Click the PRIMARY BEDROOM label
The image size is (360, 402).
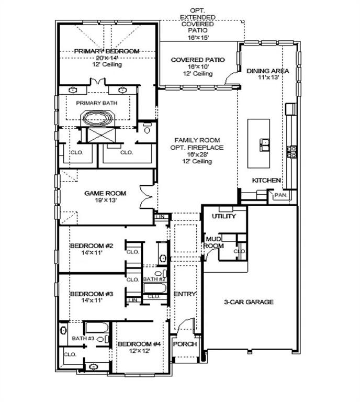pos(106,51)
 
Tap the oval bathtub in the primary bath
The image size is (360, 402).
pos(97,118)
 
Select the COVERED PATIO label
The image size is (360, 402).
pos(198,60)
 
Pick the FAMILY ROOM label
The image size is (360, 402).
pos(198,140)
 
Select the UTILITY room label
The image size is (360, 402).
pos(223,216)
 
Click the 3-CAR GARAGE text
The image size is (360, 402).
pos(249,302)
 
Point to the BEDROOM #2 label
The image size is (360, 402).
pos(91,245)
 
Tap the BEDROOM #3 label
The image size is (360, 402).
pos(91,294)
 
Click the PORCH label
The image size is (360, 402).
pos(184,344)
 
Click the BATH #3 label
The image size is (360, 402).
pos(83,339)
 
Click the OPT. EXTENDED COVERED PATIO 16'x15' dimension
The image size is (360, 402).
pos(197,38)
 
